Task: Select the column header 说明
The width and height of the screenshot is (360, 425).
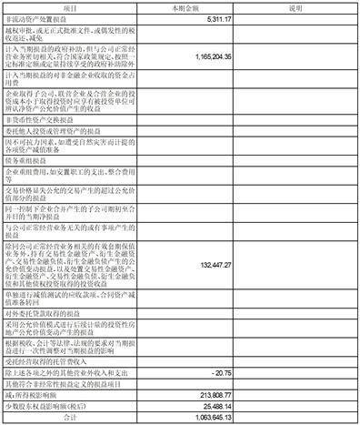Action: point(295,5)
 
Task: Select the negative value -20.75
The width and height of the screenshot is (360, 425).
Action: point(222,373)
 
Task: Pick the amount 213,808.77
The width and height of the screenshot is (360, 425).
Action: point(215,397)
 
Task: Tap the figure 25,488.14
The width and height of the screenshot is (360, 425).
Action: point(218,408)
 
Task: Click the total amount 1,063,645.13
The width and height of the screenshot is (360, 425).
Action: point(212,419)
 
